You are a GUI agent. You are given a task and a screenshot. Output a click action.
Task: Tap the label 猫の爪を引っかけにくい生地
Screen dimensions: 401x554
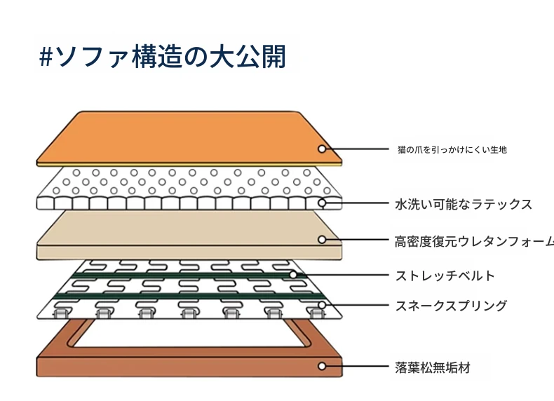pyautogui.click(x=452, y=149)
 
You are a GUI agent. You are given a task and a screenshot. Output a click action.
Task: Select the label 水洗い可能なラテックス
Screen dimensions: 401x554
pyautogui.click(x=464, y=205)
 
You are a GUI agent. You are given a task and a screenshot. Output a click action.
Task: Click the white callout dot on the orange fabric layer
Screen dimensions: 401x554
pyautogui.click(x=321, y=149)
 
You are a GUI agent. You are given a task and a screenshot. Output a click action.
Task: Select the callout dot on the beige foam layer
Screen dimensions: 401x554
pyautogui.click(x=322, y=240)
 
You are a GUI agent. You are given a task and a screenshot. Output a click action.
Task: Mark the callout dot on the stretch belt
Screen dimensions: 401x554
pyautogui.click(x=294, y=275)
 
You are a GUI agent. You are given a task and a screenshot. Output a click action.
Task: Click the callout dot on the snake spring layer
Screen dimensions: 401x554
pyautogui.click(x=322, y=305)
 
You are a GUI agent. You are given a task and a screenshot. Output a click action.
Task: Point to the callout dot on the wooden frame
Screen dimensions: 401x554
pyautogui.click(x=322, y=366)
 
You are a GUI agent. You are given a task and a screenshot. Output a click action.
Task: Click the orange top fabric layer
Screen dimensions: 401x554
pyautogui.click(x=189, y=137)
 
